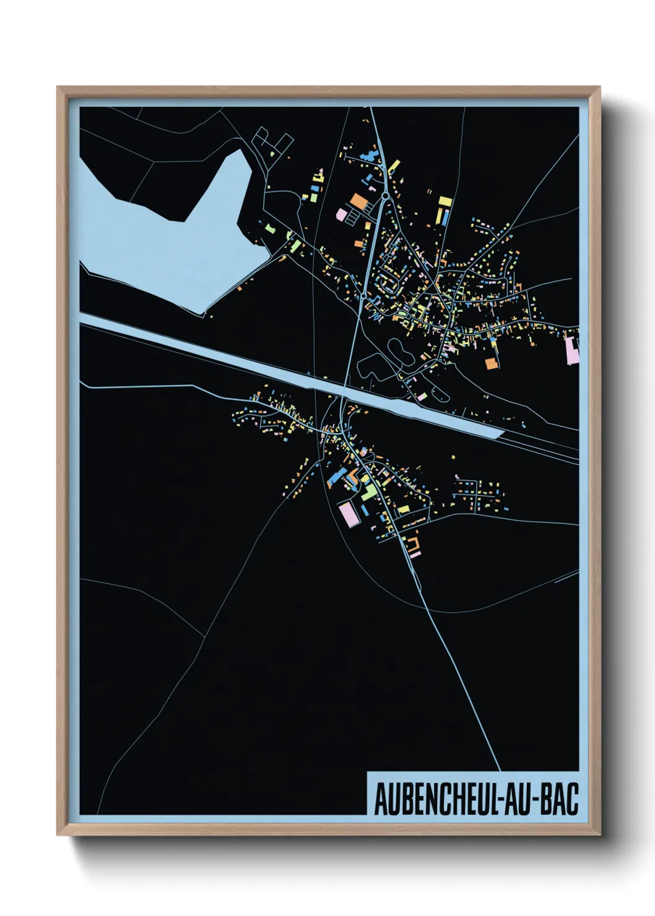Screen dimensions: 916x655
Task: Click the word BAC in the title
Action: coord(560,799)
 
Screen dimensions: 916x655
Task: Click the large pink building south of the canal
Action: coord(349,514)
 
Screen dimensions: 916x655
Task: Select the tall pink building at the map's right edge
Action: coord(573,350)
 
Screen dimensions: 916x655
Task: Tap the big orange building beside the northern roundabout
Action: coord(359,201)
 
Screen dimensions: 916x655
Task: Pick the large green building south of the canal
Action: coord(369,492)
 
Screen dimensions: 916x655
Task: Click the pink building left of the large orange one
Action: coord(341,214)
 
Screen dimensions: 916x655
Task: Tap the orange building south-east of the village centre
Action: coord(491,363)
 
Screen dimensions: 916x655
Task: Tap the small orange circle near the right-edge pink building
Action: coord(531,342)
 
